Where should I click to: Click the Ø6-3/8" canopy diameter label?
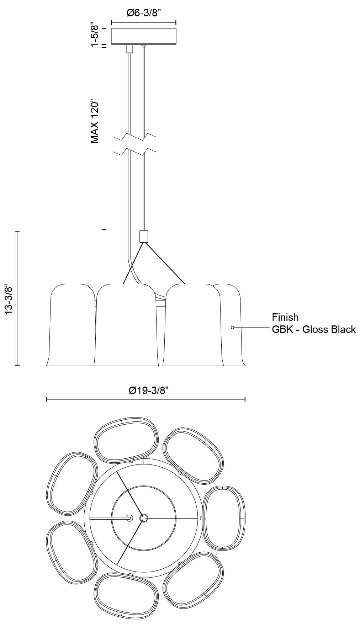[x=144, y=14]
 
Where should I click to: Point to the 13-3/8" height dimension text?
[x=9, y=298]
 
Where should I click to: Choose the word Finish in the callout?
[x=285, y=317]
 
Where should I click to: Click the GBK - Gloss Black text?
[x=314, y=329]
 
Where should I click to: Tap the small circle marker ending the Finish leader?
[x=233, y=327]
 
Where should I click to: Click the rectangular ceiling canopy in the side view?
[x=144, y=36]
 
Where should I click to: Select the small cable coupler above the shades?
[x=143, y=237]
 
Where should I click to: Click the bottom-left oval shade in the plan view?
[x=72, y=551]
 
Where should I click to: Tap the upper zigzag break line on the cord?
[x=134, y=137]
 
